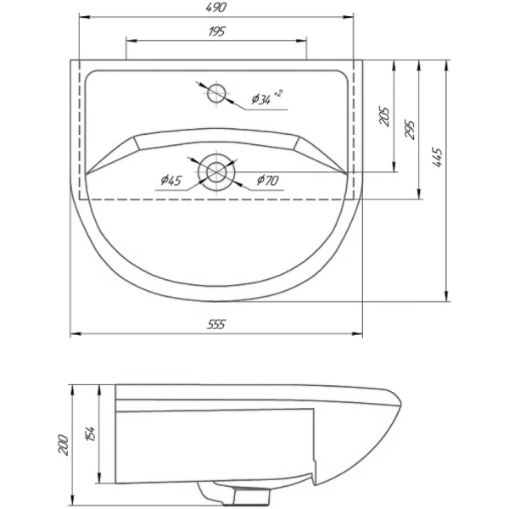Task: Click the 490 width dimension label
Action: pyautogui.click(x=216, y=8)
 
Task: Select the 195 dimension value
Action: pyautogui.click(x=216, y=31)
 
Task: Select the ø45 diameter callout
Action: pyautogui.click(x=171, y=180)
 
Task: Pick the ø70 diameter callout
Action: pyautogui.click(x=267, y=180)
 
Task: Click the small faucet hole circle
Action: pyautogui.click(x=217, y=92)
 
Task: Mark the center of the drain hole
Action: pyautogui.click(x=217, y=170)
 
